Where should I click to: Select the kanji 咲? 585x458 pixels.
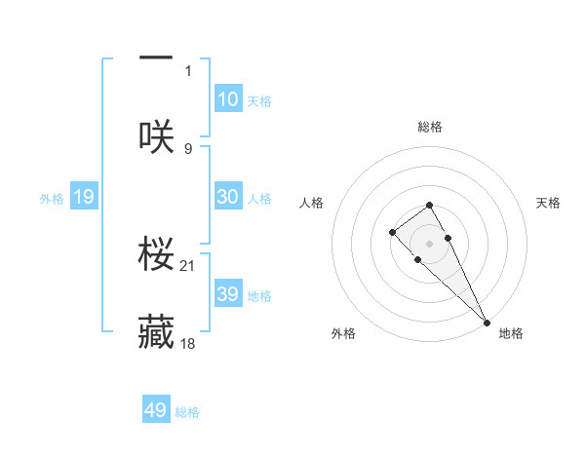tap(156, 135)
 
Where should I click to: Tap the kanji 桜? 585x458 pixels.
tap(156, 252)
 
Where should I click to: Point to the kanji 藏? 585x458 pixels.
tap(156, 331)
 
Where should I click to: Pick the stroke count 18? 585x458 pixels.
tap(189, 344)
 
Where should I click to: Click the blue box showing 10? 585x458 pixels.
tap(228, 99)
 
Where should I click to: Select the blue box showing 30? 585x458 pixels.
tap(228, 197)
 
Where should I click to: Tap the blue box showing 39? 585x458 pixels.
tap(228, 294)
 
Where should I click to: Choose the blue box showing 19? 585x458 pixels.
tap(83, 198)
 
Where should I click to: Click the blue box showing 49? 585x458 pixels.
tap(156, 410)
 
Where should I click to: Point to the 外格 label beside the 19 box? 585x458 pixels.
tap(52, 199)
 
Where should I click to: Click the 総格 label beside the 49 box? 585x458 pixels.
tap(187, 412)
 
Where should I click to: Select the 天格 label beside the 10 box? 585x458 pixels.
tap(259, 101)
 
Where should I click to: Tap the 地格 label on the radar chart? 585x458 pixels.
tap(511, 333)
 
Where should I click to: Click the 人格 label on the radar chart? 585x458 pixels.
tap(311, 203)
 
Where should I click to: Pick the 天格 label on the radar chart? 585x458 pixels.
tap(548, 203)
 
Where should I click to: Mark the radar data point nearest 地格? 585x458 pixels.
tap(487, 322)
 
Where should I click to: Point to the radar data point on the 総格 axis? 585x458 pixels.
tap(429, 205)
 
